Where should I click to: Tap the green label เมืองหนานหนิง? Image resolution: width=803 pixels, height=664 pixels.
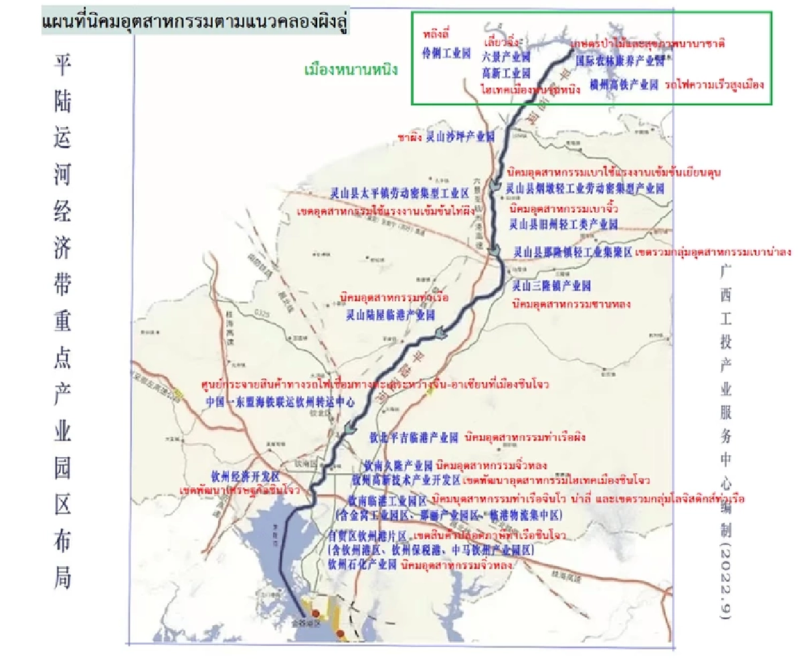[351, 69]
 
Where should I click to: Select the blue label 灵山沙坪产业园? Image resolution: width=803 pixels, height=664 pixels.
[460, 137]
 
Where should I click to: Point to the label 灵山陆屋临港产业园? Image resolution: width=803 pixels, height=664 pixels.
[390, 313]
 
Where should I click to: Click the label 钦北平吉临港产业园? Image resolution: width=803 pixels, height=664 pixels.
[413, 438]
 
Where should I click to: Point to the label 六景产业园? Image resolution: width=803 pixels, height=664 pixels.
[505, 56]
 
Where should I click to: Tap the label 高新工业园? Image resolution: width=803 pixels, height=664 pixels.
[506, 72]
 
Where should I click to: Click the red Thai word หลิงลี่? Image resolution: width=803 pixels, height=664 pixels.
[436, 33]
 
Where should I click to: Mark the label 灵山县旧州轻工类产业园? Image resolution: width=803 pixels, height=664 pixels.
[563, 223]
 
